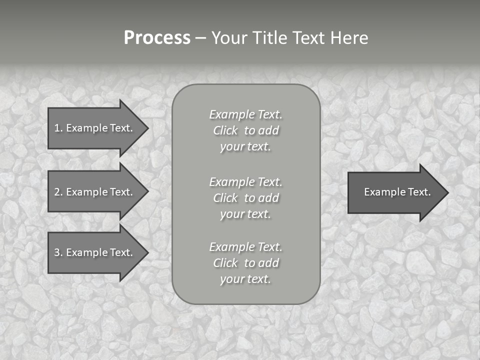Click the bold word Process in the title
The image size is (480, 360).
coord(157,38)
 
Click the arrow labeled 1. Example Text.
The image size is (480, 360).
coord(93,128)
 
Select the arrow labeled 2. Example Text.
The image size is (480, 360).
coord(93,192)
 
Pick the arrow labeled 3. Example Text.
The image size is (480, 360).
coord(93,252)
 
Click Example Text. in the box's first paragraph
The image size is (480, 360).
coord(245,114)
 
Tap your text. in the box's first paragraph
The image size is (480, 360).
coord(245,147)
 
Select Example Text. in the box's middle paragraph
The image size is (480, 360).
coord(245,182)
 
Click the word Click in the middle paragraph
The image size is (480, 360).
coord(225,198)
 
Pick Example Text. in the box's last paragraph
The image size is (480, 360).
coord(245,247)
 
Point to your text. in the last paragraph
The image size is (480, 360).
coord(245,279)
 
